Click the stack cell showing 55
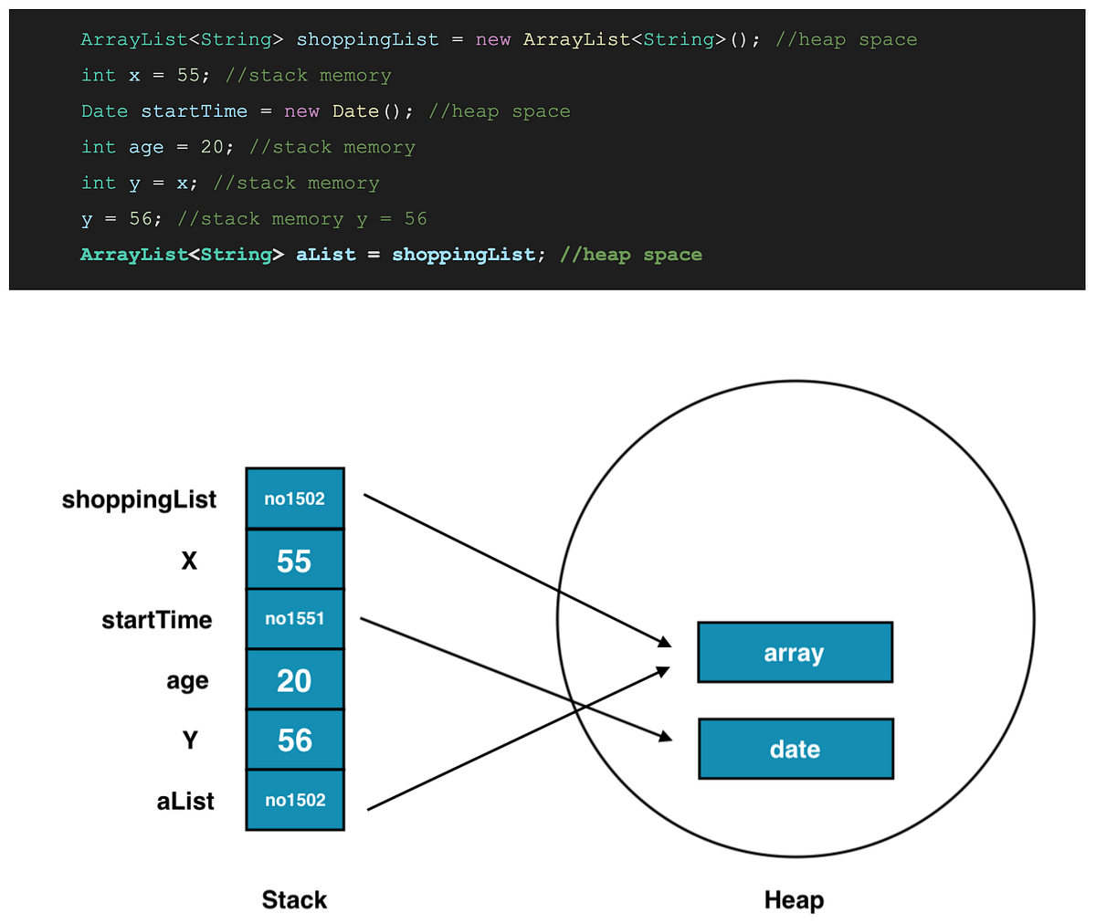[x=294, y=560]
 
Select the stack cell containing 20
[x=294, y=680]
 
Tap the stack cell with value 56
[x=294, y=740]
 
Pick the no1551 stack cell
[x=294, y=619]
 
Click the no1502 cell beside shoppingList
[x=294, y=499]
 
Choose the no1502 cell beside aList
[x=294, y=800]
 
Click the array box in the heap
[x=794, y=653]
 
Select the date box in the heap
[x=795, y=749]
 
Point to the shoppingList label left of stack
[x=139, y=499]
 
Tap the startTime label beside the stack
[x=156, y=620]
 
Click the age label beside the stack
[x=187, y=681]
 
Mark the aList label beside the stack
[x=185, y=801]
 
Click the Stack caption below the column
[x=294, y=900]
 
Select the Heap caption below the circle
[x=794, y=900]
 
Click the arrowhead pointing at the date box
[x=665, y=737]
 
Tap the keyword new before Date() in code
[x=301, y=111]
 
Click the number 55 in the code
[x=188, y=76]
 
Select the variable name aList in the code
[x=325, y=255]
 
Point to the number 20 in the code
[x=212, y=147]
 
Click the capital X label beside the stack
[x=189, y=561]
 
